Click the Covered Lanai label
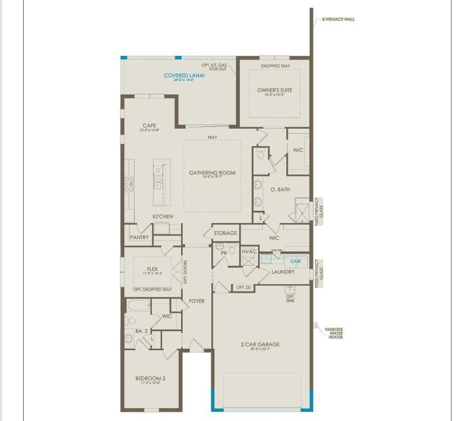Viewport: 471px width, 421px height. (x=184, y=75)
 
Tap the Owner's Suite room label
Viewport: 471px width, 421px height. (x=274, y=90)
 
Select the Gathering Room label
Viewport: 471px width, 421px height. (x=212, y=173)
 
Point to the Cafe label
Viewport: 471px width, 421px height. (x=149, y=126)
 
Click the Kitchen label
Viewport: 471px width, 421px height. (x=163, y=216)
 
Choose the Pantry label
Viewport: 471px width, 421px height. (x=139, y=237)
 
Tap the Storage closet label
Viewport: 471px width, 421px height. (x=225, y=233)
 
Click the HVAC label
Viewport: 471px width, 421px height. (x=249, y=251)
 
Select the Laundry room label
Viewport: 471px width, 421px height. (x=283, y=272)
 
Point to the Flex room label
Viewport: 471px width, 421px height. (x=152, y=269)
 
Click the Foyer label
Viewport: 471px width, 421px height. (x=197, y=301)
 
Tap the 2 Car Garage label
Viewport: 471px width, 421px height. (x=260, y=345)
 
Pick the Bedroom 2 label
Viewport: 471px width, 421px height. (x=150, y=379)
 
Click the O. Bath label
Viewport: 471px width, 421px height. (x=280, y=190)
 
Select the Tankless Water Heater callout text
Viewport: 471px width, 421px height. (x=333, y=333)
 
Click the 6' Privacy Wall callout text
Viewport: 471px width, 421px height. (x=338, y=19)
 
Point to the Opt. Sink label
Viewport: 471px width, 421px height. (x=290, y=298)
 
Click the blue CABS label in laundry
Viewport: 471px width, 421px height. (x=296, y=261)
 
